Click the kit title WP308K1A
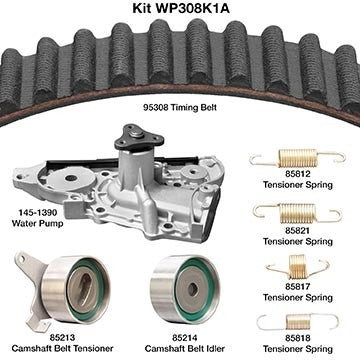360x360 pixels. [x=181, y=8]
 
